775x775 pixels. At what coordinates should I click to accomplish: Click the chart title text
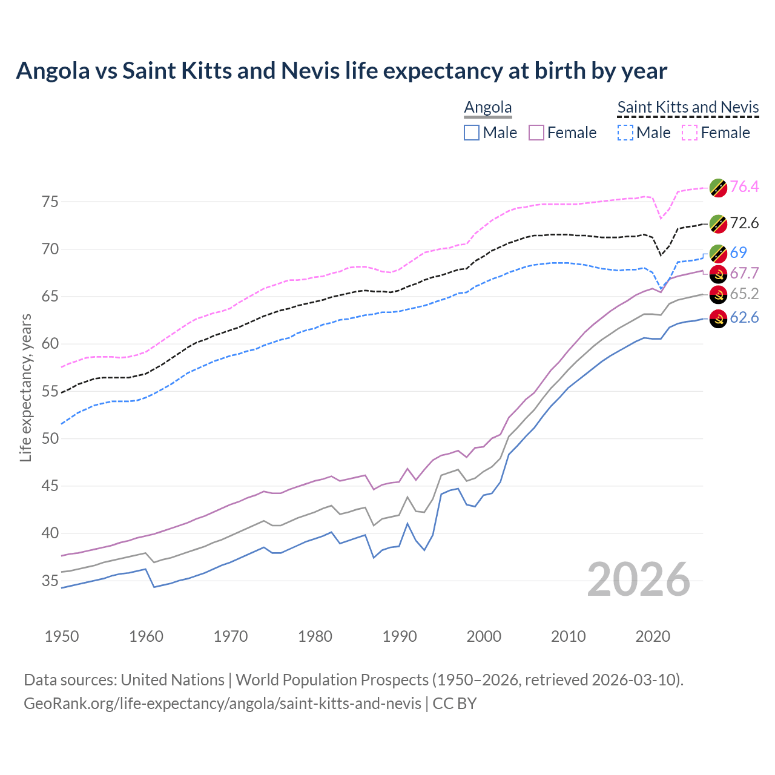pyautogui.click(x=341, y=71)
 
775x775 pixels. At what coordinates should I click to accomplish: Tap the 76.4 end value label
pyautogui.click(x=744, y=186)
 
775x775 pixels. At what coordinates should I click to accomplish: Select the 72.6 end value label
pyautogui.click(x=744, y=223)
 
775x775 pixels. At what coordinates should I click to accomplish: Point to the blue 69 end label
pyautogui.click(x=738, y=252)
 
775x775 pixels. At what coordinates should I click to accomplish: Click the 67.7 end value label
pyautogui.click(x=744, y=273)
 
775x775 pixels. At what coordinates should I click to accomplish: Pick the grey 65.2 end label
pyautogui.click(x=744, y=294)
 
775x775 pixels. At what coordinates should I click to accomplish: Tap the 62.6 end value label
pyautogui.click(x=744, y=317)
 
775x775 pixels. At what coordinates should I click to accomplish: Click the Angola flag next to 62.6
pyautogui.click(x=718, y=318)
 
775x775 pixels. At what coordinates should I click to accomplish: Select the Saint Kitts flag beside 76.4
pyautogui.click(x=718, y=188)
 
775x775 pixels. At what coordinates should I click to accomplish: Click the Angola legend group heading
pyautogui.click(x=488, y=107)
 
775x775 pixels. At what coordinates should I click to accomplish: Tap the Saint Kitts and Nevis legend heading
pyautogui.click(x=688, y=107)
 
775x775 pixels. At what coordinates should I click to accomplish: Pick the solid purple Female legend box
pyautogui.click(x=536, y=133)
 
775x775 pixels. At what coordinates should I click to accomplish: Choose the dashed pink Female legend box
pyautogui.click(x=690, y=133)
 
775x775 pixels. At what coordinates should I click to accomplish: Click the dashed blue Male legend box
pyautogui.click(x=625, y=133)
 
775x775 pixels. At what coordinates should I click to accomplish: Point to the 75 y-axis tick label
pyautogui.click(x=50, y=202)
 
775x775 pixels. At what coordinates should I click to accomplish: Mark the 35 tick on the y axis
pyautogui.click(x=50, y=581)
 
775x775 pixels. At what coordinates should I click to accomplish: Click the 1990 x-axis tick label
pyautogui.click(x=400, y=636)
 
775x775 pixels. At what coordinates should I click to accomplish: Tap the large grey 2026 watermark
pyautogui.click(x=639, y=579)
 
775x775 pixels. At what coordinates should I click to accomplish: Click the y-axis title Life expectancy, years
pyautogui.click(x=25, y=387)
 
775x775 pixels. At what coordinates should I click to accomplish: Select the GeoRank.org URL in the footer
pyautogui.click(x=222, y=704)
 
